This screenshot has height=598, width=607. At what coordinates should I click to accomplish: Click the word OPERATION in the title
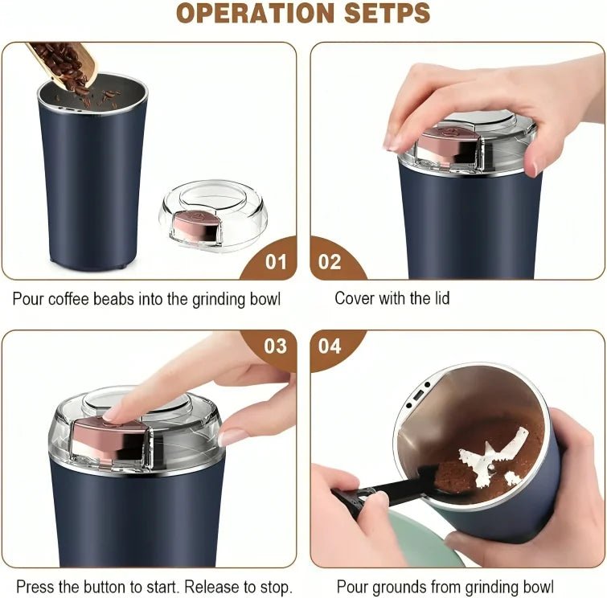[245, 14]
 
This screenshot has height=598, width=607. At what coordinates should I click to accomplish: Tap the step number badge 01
[275, 261]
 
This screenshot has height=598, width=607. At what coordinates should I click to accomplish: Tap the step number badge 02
[330, 261]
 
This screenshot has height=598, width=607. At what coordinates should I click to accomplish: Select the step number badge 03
[275, 346]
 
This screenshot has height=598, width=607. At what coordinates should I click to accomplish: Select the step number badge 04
[330, 346]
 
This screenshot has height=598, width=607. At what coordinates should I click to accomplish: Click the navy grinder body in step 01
[88, 185]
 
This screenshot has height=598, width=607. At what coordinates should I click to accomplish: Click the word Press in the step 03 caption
[35, 587]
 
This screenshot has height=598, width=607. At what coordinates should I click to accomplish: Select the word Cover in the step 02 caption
[355, 299]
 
